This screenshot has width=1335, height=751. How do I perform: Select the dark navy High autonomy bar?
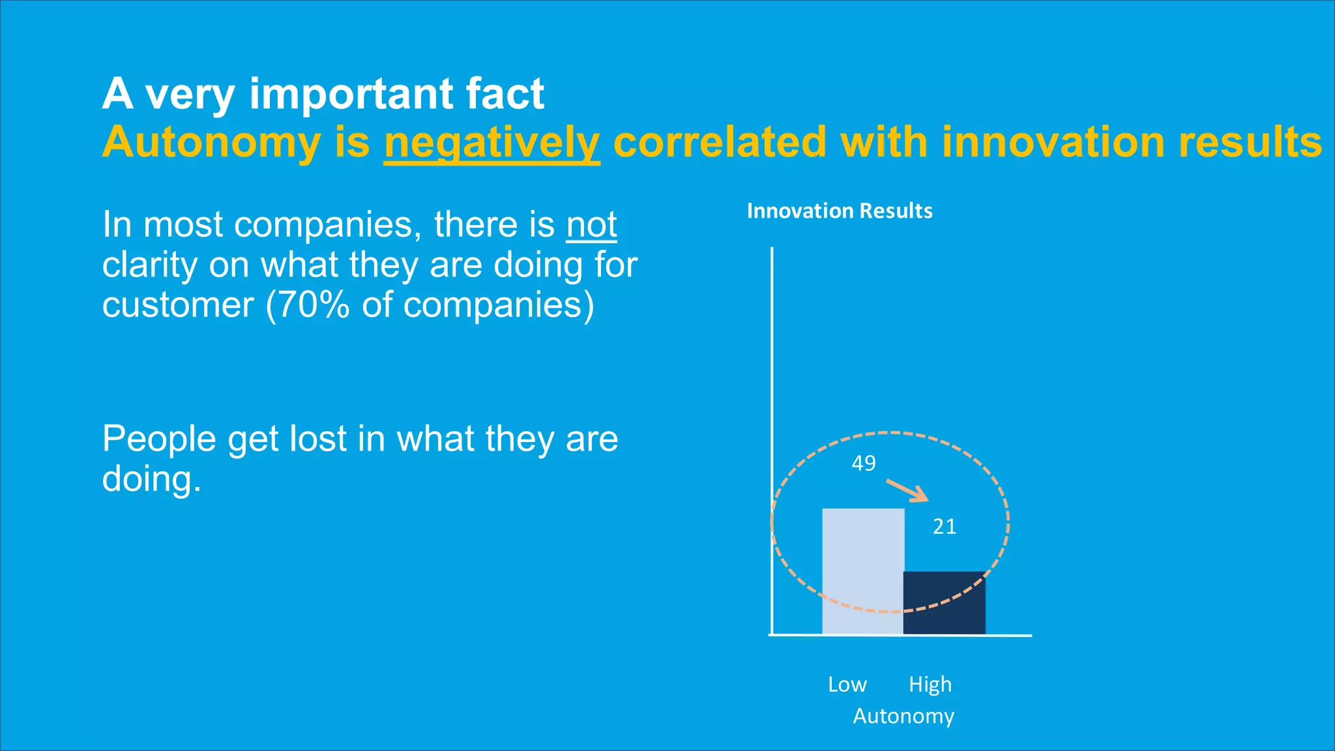point(944,602)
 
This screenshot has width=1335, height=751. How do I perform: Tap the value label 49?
point(864,464)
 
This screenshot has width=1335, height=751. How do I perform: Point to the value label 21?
point(945,527)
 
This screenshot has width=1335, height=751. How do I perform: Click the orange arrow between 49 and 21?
point(907,491)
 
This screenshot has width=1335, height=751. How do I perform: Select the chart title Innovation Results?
point(840,211)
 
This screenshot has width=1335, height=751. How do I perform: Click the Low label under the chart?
point(847,685)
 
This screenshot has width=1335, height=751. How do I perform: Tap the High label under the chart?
point(930,685)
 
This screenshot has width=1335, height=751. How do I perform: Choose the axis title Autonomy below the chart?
point(903,716)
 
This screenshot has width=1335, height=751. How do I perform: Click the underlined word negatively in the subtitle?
point(491,143)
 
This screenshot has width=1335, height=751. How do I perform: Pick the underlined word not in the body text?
point(591,225)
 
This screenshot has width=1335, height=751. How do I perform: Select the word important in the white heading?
point(350,94)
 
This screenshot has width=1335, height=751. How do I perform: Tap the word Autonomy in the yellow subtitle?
point(211,143)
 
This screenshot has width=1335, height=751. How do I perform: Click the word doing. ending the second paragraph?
point(151,479)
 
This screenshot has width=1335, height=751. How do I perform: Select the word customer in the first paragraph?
point(178,305)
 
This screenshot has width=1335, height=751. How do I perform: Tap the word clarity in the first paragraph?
point(149,265)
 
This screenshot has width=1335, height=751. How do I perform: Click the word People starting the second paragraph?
point(158,439)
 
